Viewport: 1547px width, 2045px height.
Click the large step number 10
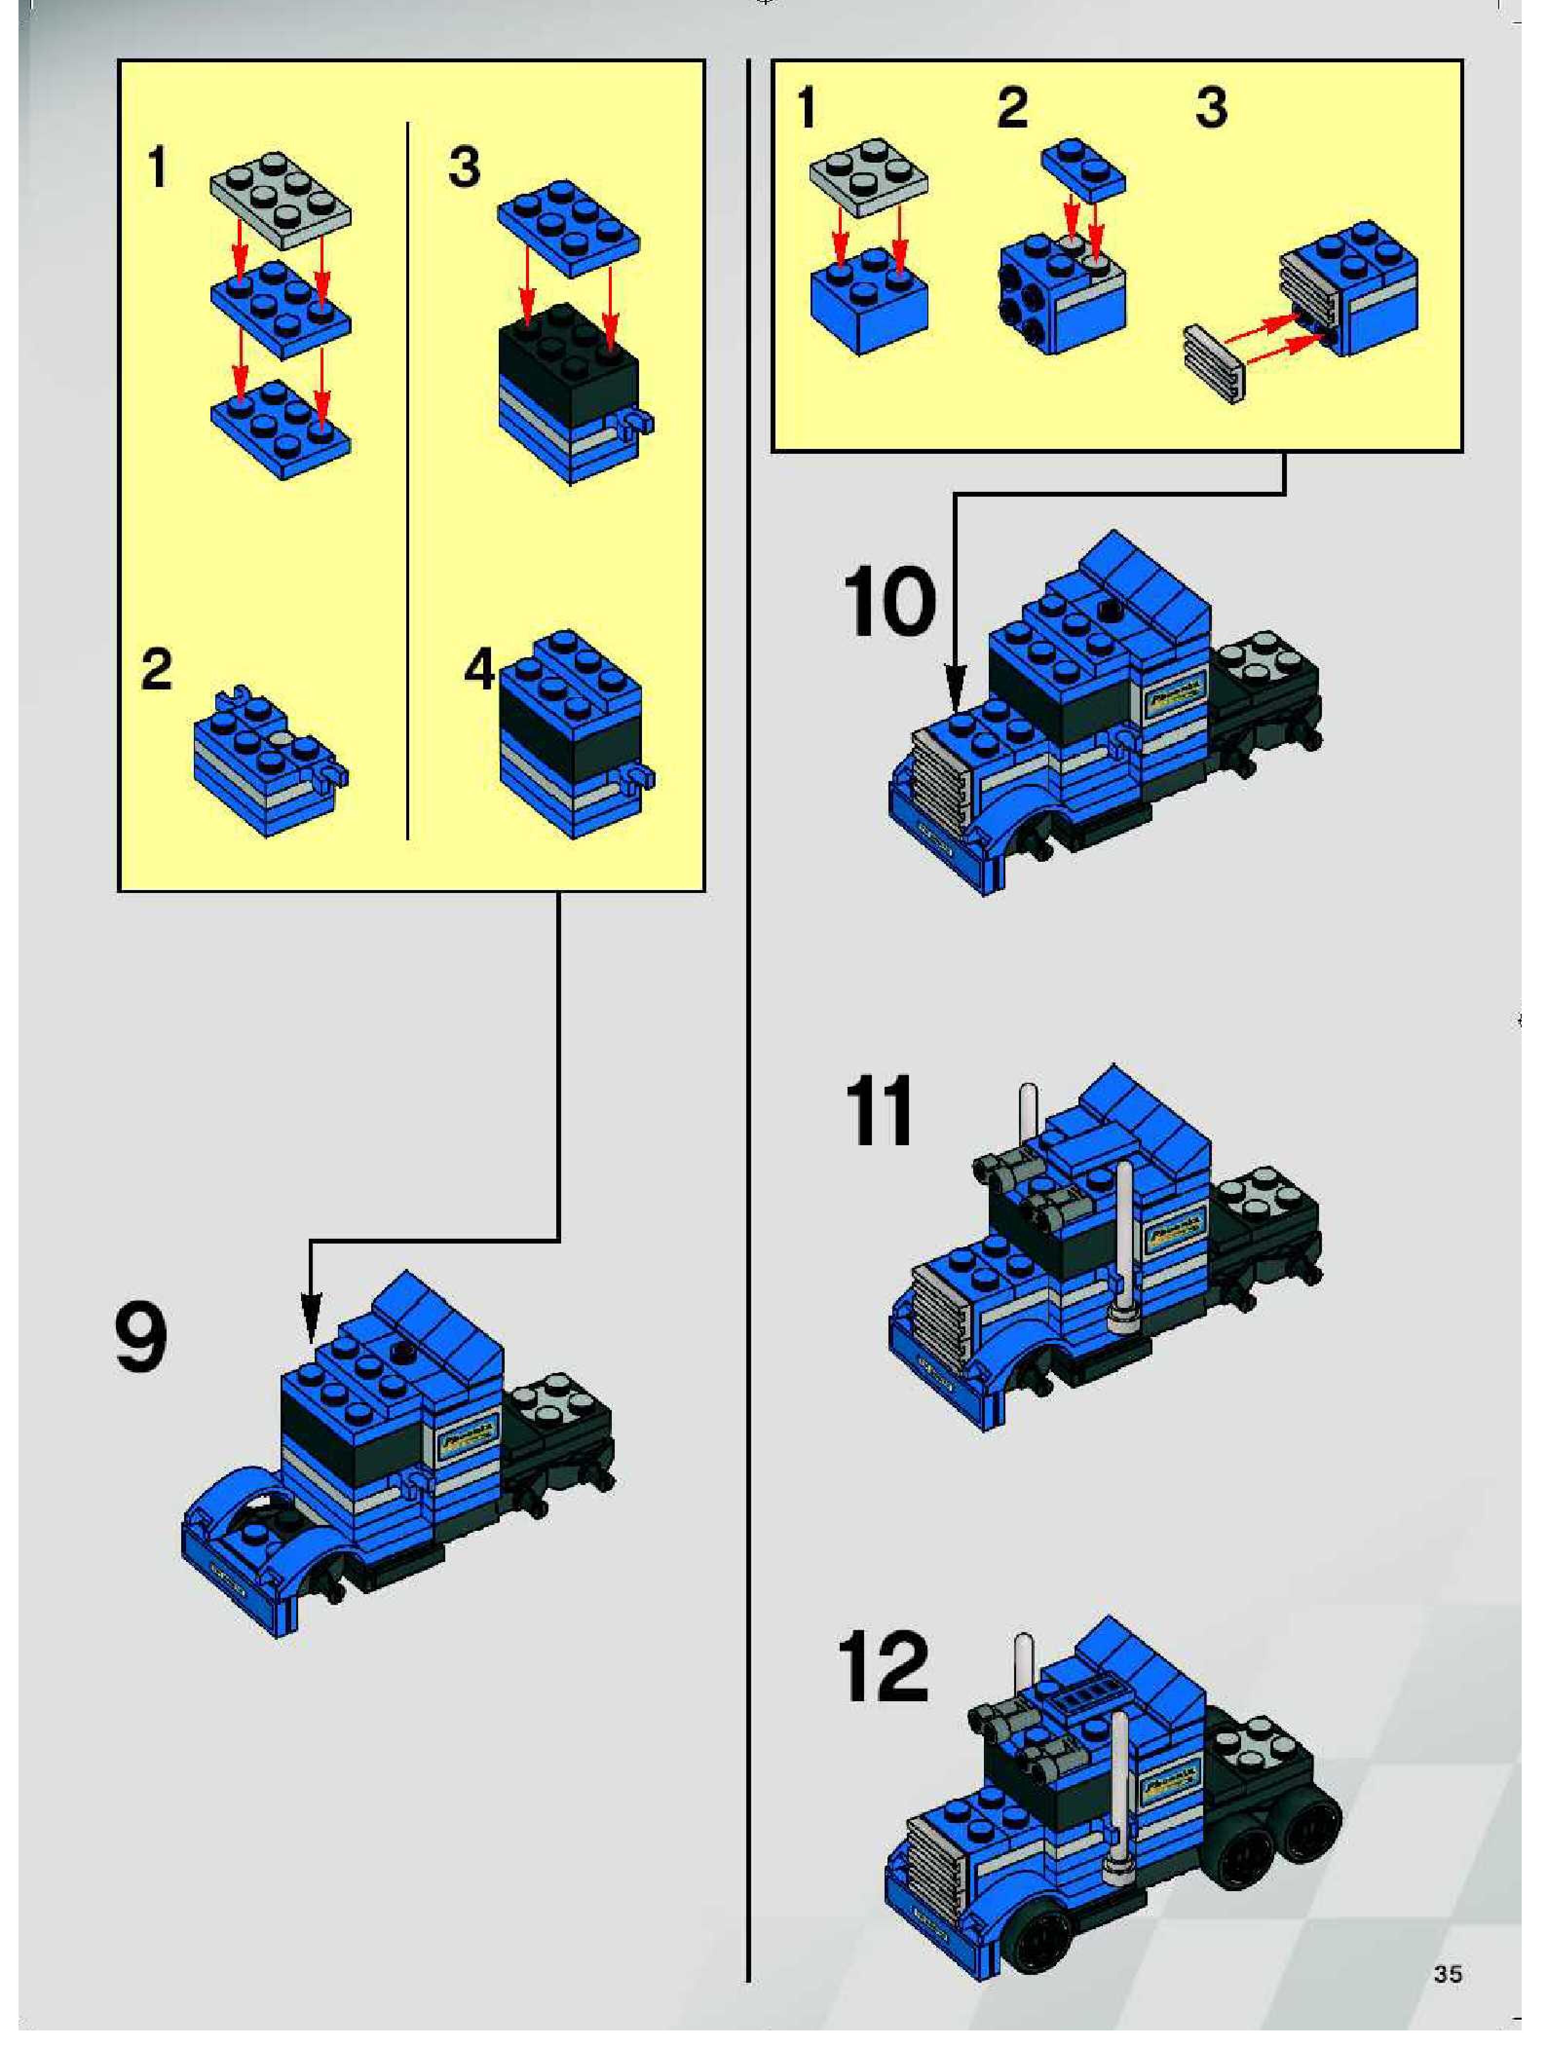(x=888, y=602)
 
